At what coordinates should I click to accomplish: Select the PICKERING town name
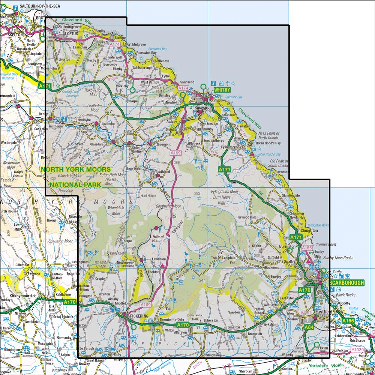(x=140, y=316)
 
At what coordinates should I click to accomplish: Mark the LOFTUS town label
(x=71, y=33)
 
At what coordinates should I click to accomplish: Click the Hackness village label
(x=272, y=268)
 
